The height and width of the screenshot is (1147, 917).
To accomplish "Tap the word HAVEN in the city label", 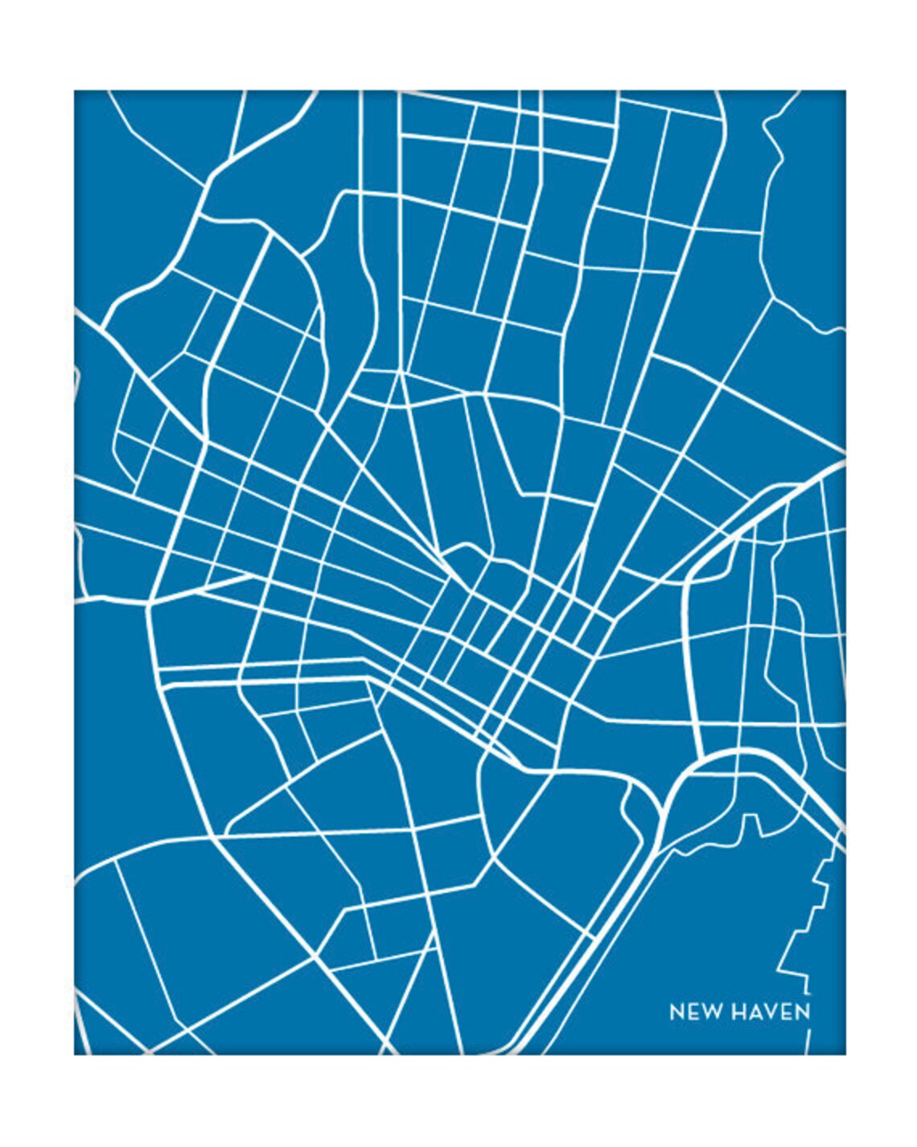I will coord(771,1011).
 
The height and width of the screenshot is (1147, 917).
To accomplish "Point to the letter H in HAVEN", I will coord(739,1011).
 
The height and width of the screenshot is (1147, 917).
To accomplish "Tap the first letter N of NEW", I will coord(677,1011).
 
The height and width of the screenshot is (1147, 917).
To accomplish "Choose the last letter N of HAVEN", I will coord(802,1011).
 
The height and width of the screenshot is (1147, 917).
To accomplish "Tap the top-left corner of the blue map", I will coord(75,91).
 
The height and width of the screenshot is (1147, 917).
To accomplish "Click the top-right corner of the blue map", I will coord(845,91).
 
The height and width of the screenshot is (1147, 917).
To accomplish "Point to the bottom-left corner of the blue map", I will coord(75,1054).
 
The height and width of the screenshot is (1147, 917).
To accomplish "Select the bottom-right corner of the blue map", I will coord(845,1054).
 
